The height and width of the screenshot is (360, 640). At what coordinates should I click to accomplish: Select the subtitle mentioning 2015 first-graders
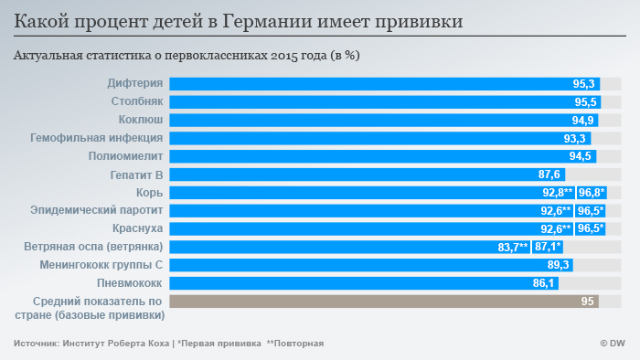(187, 56)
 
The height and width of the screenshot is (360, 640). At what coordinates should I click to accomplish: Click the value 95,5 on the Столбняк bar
(586, 102)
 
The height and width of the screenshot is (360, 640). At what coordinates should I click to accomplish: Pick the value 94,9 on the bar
(583, 121)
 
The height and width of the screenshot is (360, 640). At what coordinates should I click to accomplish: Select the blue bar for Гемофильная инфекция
(366, 139)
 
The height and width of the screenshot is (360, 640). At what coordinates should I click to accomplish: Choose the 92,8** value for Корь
(557, 193)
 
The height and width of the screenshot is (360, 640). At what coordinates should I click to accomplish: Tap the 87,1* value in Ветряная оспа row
(548, 247)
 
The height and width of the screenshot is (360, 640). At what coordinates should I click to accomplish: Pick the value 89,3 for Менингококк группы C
(559, 265)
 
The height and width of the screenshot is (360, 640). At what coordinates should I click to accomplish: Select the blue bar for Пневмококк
(347, 283)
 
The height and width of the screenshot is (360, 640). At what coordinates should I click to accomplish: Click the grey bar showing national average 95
(384, 302)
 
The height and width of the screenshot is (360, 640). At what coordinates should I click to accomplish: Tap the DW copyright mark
(612, 344)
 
